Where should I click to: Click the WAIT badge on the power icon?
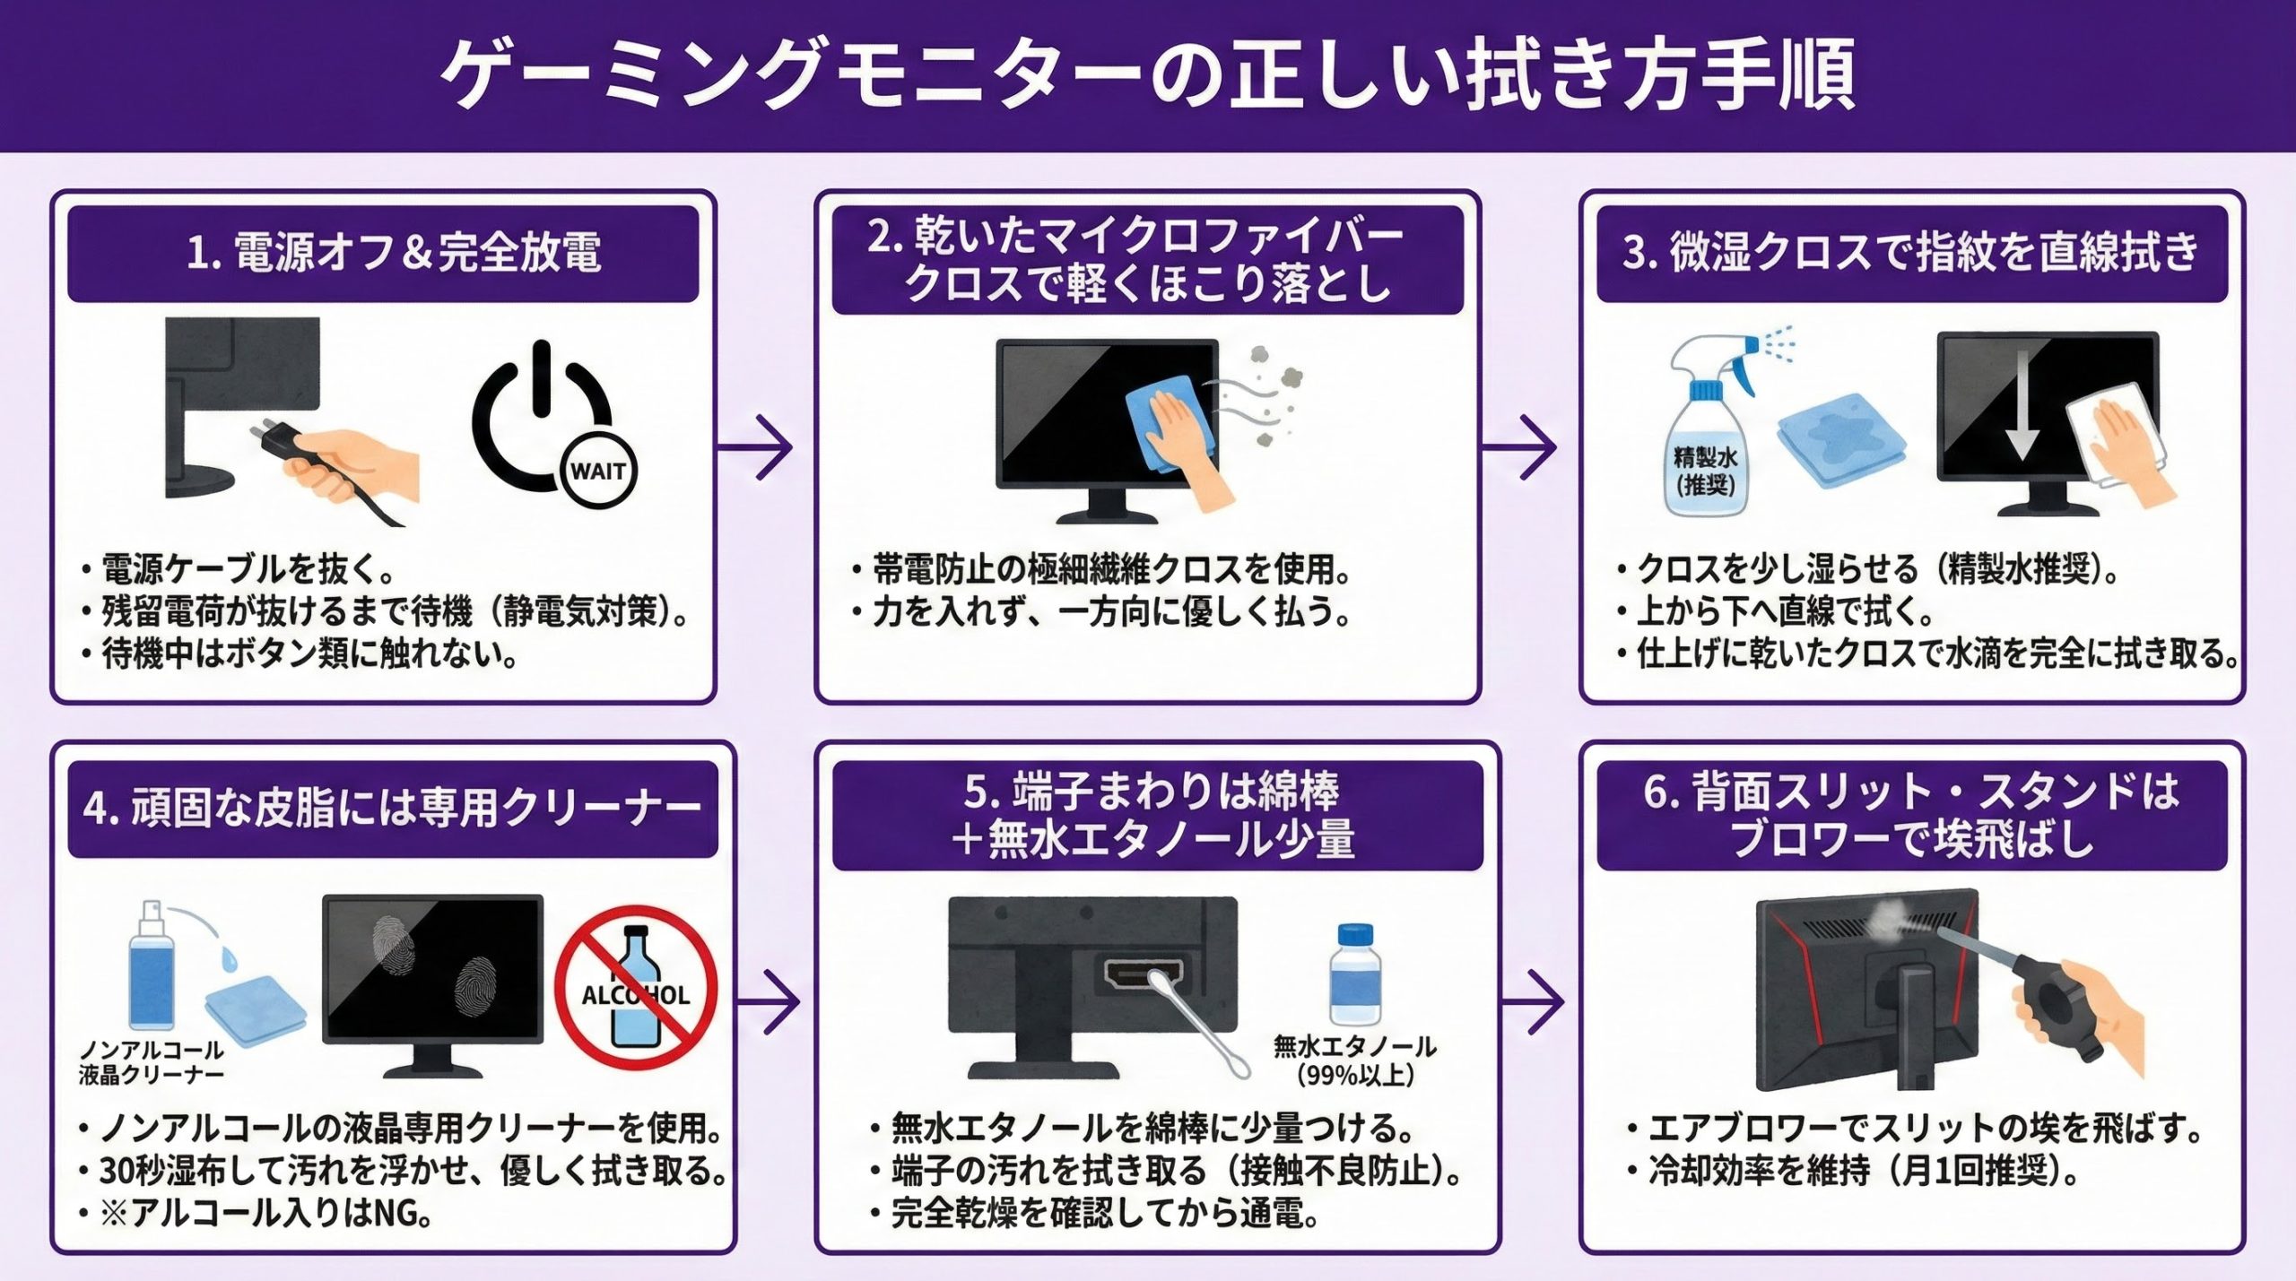pyautogui.click(x=598, y=471)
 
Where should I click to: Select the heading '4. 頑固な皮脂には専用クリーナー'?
pyautogui.click(x=393, y=809)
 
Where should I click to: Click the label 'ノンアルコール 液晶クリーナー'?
pyautogui.click(x=152, y=1061)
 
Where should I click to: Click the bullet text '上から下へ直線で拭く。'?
pyautogui.click(x=1785, y=611)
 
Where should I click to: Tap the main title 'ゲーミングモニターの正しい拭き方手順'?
pyautogui.click(x=1148, y=74)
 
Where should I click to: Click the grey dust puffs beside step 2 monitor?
pyautogui.click(x=1274, y=394)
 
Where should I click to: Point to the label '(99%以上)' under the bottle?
pyautogui.click(x=1355, y=1074)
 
